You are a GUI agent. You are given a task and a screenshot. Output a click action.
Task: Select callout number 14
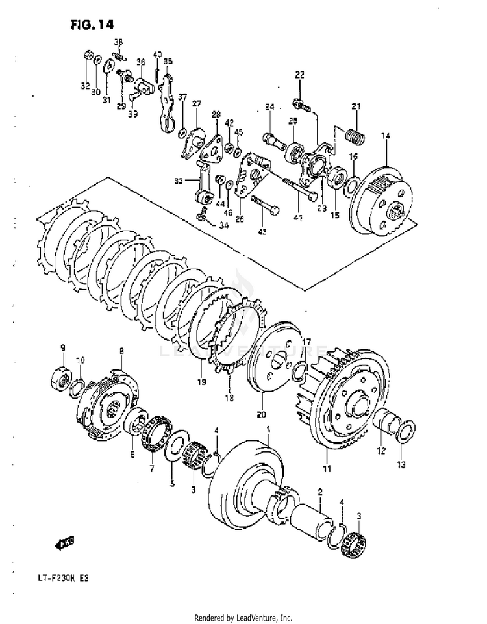tap(386, 136)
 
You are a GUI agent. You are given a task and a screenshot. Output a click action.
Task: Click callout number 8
tap(121, 352)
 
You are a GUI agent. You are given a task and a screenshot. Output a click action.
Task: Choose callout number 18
tap(229, 397)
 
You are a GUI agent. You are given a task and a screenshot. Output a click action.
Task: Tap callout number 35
tap(168, 62)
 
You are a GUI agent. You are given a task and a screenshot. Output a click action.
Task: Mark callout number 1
tap(268, 429)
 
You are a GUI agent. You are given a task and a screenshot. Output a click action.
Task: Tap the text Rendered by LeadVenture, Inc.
tap(243, 618)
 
